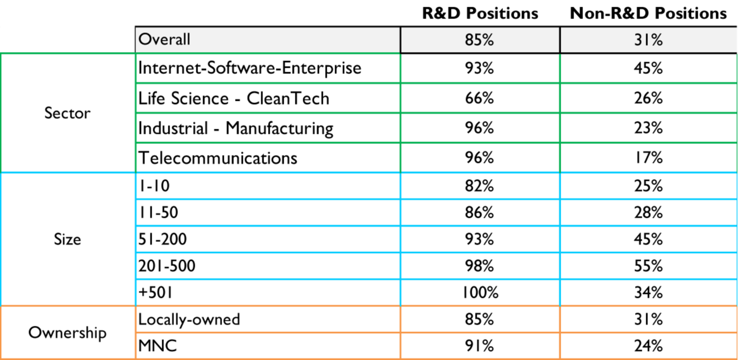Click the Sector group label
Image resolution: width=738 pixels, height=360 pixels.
click(67, 113)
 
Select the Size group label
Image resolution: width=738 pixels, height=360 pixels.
click(67, 240)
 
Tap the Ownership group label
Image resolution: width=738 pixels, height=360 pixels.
click(67, 333)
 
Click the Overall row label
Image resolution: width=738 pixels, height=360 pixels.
click(164, 39)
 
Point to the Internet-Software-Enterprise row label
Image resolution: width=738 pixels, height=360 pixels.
click(250, 68)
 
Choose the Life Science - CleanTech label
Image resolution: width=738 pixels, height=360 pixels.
click(234, 99)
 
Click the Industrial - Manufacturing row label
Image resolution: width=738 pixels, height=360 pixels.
click(236, 128)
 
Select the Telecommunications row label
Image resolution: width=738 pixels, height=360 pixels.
click(218, 158)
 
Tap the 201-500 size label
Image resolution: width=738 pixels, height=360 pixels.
click(167, 265)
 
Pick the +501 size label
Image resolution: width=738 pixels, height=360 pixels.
click(156, 292)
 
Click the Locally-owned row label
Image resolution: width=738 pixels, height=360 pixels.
click(189, 319)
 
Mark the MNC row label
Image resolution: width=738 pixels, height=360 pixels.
click(157, 346)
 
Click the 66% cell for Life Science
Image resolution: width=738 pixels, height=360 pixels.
click(480, 99)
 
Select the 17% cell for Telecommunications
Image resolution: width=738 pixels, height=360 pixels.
click(648, 158)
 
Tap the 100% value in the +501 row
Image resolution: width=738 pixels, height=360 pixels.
click(480, 292)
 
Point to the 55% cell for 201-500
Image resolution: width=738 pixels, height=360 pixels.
click(648, 265)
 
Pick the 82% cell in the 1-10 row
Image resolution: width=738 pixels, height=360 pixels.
click(480, 186)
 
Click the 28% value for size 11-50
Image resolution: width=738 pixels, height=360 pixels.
click(648, 213)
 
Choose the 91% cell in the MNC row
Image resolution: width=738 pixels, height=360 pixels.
click(480, 346)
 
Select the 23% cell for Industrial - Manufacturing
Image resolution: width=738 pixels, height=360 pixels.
click(648, 128)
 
